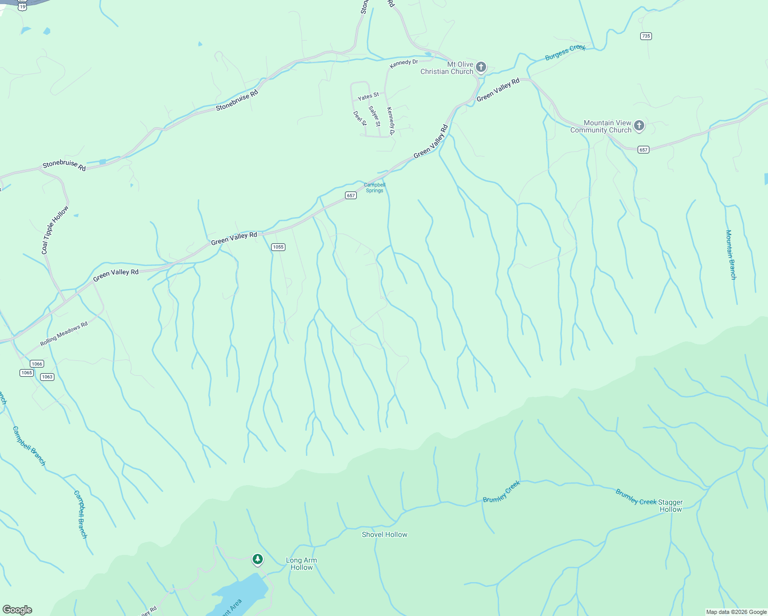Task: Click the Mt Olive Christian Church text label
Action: pyautogui.click(x=447, y=68)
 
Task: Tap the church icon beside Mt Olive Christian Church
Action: pyautogui.click(x=481, y=67)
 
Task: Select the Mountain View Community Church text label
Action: pyautogui.click(x=601, y=126)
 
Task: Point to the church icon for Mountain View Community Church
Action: pyautogui.click(x=639, y=125)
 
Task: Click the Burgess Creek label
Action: pyautogui.click(x=565, y=52)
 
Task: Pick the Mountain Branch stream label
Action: pyautogui.click(x=731, y=255)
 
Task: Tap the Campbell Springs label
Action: pyautogui.click(x=374, y=188)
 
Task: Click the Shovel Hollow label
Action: pyautogui.click(x=385, y=534)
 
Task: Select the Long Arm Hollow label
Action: pyautogui.click(x=301, y=564)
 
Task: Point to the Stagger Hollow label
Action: pyautogui.click(x=670, y=506)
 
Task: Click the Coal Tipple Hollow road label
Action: pyautogui.click(x=55, y=230)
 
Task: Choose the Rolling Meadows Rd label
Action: pyautogui.click(x=64, y=334)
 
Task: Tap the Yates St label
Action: pyautogui.click(x=368, y=96)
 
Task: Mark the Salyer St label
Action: pyautogui.click(x=375, y=116)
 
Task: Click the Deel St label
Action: pyautogui.click(x=360, y=118)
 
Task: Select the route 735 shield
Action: pyautogui.click(x=646, y=36)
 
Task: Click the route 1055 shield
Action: pyautogui.click(x=278, y=247)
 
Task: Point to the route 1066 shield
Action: pyautogui.click(x=37, y=364)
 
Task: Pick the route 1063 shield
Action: pyautogui.click(x=47, y=377)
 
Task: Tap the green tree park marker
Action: pyautogui.click(x=258, y=559)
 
